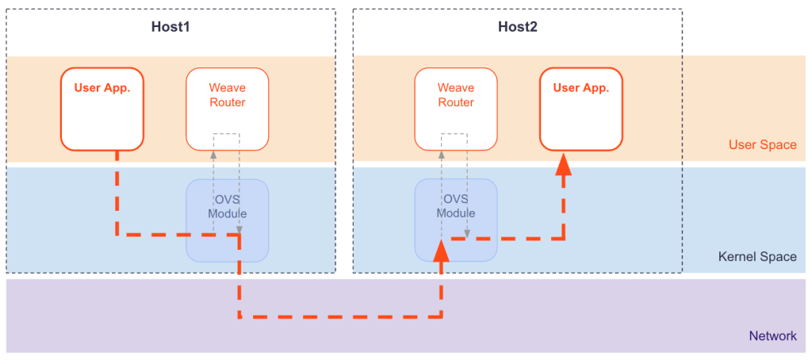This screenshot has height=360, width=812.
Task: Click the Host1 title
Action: coord(171,27)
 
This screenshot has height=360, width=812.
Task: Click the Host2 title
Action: coord(518,27)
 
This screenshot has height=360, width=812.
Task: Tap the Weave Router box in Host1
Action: coord(227,109)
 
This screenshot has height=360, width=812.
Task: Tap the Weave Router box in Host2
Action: coord(456,109)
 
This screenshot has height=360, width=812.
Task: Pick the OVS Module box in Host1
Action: coord(227,220)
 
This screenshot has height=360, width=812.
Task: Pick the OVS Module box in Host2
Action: coord(456,220)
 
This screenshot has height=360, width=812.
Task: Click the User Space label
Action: coord(762,145)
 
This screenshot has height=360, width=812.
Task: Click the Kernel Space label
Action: coord(757,257)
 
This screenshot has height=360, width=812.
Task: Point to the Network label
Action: coord(772,336)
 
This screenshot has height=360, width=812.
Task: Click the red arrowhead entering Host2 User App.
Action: coord(563,164)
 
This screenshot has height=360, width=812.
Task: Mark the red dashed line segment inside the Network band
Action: coord(341,317)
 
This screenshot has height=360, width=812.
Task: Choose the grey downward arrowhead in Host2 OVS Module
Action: coord(467,233)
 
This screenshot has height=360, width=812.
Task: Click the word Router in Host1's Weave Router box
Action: coord(227,102)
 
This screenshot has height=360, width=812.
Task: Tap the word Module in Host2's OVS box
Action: coord(456,213)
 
